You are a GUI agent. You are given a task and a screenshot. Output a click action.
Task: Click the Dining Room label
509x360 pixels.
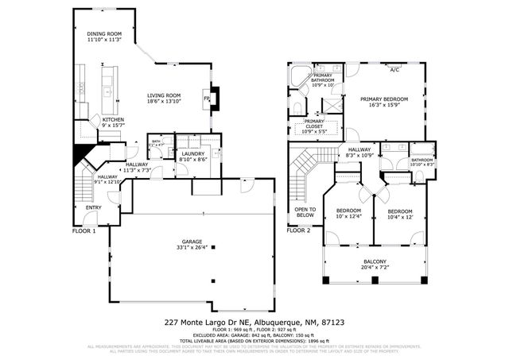(x=104, y=33)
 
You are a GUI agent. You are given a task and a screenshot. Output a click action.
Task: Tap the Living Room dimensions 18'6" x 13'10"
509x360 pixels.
(x=164, y=102)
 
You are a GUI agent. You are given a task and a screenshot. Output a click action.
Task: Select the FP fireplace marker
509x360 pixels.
(x=206, y=99)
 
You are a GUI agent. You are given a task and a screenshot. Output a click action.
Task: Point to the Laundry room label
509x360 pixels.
(x=193, y=153)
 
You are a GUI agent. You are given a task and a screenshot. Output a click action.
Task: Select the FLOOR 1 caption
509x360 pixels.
(x=84, y=230)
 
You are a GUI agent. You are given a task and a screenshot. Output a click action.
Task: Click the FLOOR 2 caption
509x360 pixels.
(x=298, y=230)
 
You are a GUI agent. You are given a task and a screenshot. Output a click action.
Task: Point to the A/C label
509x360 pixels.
(x=394, y=70)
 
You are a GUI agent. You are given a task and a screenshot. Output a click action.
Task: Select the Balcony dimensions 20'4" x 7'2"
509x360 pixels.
(x=375, y=268)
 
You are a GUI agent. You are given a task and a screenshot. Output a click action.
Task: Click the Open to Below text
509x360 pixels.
(x=306, y=211)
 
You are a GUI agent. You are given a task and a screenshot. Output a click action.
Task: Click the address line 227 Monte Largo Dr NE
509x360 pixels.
(x=254, y=323)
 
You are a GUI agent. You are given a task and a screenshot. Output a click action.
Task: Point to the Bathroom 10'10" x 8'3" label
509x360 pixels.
(x=422, y=161)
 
